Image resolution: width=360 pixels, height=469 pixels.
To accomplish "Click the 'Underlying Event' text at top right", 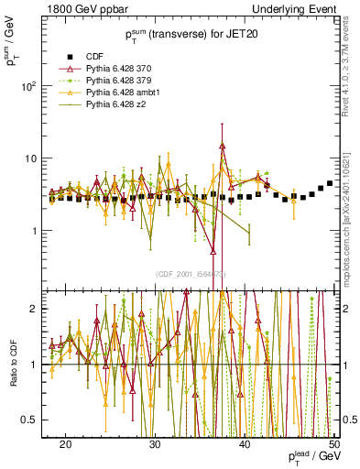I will [296, 8].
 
